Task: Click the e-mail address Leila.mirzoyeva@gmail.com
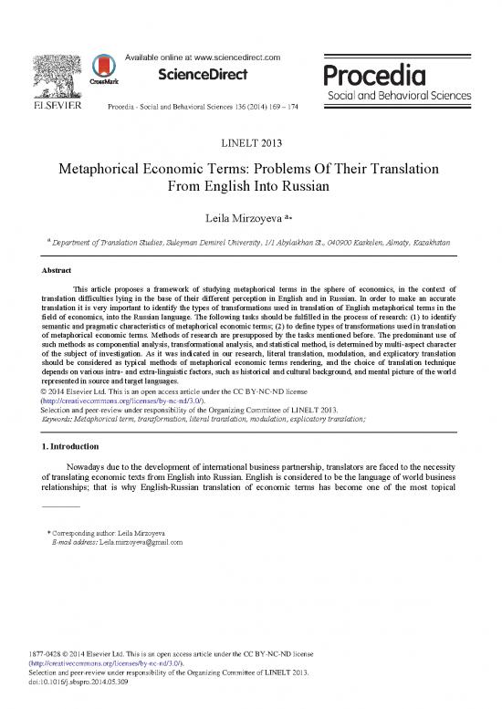point(135,541)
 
